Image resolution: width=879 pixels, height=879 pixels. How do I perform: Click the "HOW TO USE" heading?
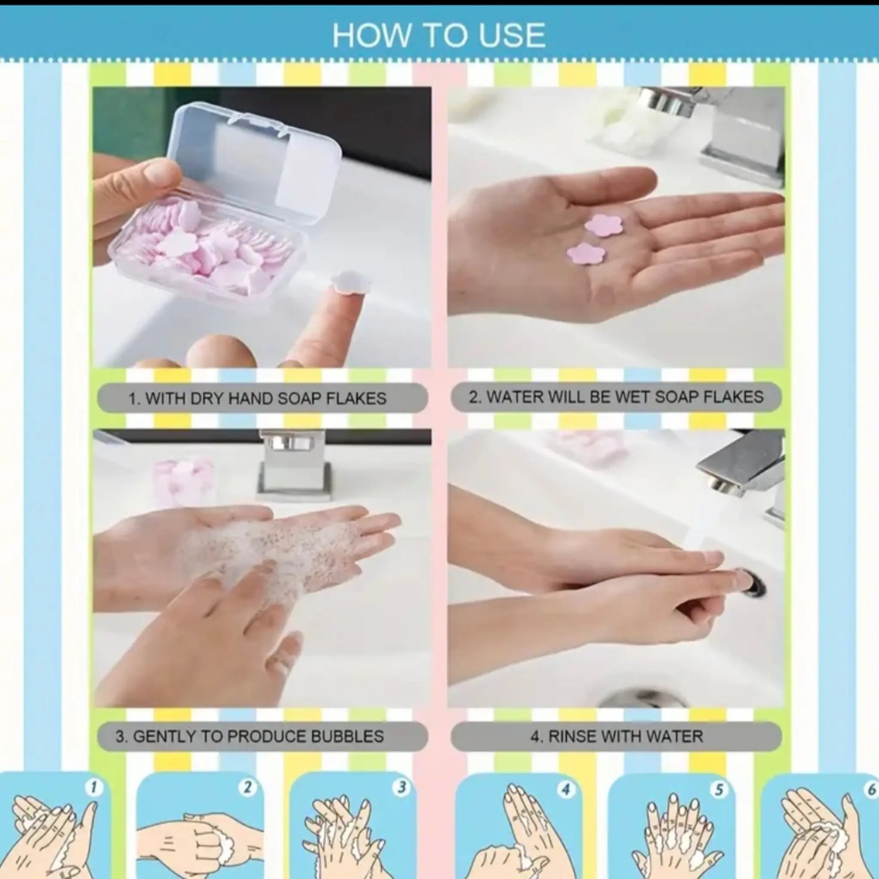pos(439,36)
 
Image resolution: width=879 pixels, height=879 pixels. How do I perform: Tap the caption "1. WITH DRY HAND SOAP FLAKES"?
pos(258,399)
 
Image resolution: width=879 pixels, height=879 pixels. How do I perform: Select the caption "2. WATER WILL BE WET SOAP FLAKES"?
pos(616,397)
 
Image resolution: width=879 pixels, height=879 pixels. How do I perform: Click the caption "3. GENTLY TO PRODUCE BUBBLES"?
pos(250,736)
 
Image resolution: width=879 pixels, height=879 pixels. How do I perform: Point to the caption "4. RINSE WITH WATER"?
pos(616,736)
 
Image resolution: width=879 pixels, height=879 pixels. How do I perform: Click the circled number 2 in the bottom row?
pos(248,788)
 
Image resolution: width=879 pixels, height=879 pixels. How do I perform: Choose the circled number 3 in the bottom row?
pos(401,788)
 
